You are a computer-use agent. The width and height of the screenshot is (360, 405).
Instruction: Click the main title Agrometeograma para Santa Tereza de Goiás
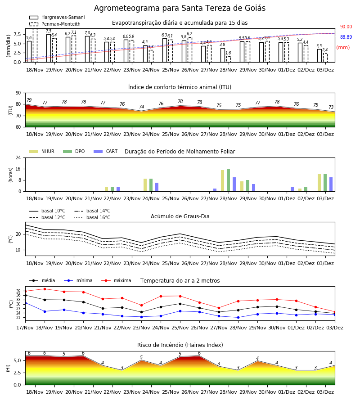pos(180,8)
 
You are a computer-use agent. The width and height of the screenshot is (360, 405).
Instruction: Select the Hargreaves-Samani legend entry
pos(57,17)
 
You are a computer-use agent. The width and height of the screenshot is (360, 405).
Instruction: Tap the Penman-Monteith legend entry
pos(55,24)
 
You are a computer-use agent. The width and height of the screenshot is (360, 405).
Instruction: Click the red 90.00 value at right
pos(346,27)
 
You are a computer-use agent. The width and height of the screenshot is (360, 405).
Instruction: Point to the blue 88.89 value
pos(346,37)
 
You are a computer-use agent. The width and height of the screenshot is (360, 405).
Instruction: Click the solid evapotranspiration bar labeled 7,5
pos(49,48)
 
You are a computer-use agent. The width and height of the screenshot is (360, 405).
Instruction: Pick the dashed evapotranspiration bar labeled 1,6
pos(229,59)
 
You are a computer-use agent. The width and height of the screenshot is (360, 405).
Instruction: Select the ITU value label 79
pos(29,100)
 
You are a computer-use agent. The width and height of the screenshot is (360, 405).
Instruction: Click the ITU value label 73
pos(331,107)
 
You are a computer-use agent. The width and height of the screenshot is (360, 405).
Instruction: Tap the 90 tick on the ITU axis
pos(18,93)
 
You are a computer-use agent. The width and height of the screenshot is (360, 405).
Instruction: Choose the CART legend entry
pos(106,151)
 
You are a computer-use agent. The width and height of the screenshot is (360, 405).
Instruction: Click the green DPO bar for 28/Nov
pos(228,180)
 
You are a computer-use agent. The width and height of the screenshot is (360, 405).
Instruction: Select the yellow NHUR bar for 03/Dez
pos(319,183)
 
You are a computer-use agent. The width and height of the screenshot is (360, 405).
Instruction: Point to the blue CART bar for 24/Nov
pos(157,187)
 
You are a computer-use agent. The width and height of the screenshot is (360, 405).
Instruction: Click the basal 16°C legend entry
pos(92,217)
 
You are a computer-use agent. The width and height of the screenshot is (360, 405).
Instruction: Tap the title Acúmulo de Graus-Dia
pos(180,216)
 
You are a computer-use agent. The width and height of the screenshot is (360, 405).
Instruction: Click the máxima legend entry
pos(117,280)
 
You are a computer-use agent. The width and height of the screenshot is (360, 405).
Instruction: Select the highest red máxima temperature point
pos(45,289)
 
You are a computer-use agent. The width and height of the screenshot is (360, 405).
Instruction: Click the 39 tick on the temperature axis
pos(18,291)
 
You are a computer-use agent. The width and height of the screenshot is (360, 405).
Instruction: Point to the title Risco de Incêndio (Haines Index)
pos(180,345)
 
